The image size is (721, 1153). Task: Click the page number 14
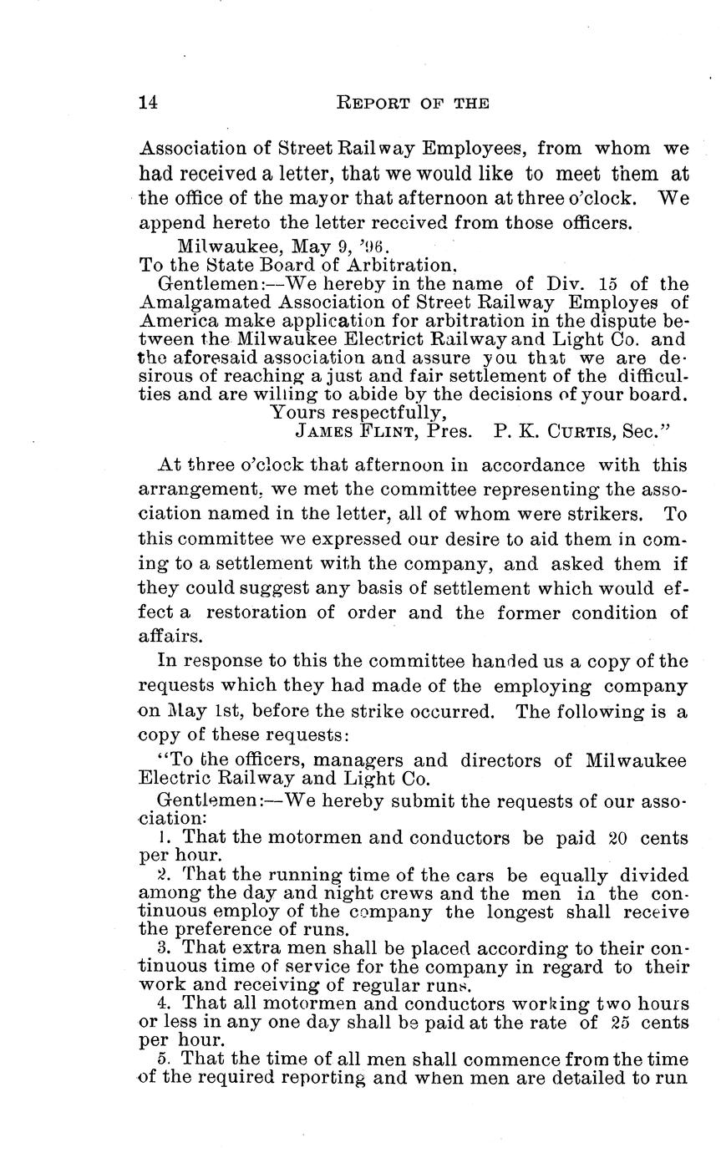click(x=148, y=103)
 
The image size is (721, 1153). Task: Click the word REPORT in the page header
click(x=371, y=103)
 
